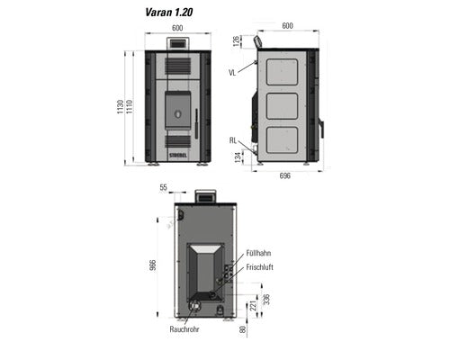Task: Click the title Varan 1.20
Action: click(x=169, y=13)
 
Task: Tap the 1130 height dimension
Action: click(x=121, y=107)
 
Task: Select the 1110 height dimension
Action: click(x=130, y=107)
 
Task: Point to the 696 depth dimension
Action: click(x=285, y=175)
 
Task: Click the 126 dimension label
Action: click(x=237, y=41)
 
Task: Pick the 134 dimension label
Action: click(x=238, y=157)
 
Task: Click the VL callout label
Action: click(x=232, y=73)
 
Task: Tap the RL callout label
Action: click(x=233, y=140)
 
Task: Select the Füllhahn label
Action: click(x=258, y=253)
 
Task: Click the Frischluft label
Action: click(x=259, y=267)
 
